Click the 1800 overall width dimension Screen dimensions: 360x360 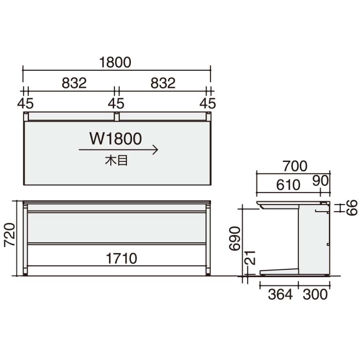[115, 62]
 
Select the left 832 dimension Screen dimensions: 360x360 [74, 83]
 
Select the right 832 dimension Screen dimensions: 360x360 [163, 83]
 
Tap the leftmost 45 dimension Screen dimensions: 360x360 [26, 103]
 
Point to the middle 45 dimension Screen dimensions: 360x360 [116, 103]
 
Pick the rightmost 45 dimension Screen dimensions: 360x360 [208, 103]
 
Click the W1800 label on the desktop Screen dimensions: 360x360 [116, 139]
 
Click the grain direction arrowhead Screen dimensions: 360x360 [156, 150]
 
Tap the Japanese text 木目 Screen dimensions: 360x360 [116, 161]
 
